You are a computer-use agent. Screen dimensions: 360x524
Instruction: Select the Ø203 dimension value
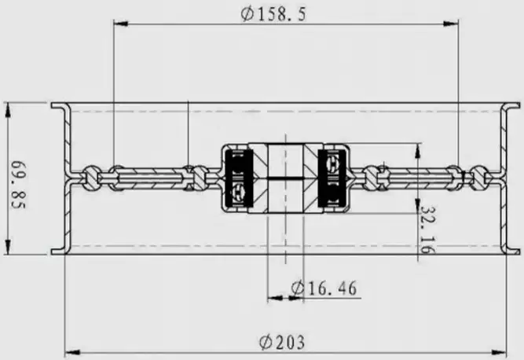click(282, 343)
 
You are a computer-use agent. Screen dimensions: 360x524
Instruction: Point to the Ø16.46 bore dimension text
click(324, 288)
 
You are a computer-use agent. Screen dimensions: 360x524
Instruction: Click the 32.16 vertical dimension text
click(427, 228)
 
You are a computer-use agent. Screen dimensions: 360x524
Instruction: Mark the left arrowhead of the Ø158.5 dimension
click(119, 24)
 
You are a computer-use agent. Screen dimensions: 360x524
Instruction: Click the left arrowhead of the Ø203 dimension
click(70, 351)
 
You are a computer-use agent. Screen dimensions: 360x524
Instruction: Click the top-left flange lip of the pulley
click(58, 105)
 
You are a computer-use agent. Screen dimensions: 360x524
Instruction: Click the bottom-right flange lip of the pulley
click(511, 252)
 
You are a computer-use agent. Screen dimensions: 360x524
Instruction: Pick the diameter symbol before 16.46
click(297, 288)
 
